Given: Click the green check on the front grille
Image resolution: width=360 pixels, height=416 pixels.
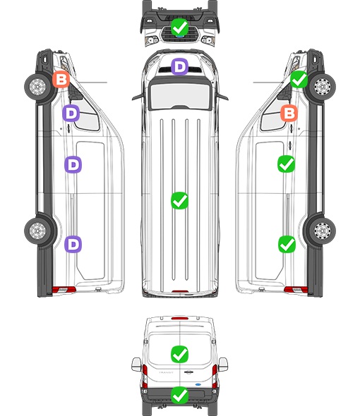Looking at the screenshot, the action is [179, 27].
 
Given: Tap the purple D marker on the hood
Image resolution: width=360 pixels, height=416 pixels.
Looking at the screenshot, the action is [179, 66].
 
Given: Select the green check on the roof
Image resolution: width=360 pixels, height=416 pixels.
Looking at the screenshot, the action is [179, 200].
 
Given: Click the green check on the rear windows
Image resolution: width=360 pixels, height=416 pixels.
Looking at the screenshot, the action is [179, 354].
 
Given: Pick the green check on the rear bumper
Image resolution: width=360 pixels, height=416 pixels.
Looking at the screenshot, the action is [179, 395].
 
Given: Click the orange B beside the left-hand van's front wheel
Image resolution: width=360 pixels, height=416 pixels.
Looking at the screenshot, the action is [61, 80].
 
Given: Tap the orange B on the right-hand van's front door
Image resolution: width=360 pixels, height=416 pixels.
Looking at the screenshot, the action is [289, 114].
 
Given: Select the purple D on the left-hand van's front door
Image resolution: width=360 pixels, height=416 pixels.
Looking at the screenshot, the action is [71, 114].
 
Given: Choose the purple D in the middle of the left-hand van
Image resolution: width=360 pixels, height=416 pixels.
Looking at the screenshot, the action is [73, 165].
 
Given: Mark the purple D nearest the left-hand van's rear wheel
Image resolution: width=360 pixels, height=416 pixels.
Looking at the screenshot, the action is [73, 245].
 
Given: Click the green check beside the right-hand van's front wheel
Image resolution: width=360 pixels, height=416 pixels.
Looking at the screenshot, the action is [299, 80].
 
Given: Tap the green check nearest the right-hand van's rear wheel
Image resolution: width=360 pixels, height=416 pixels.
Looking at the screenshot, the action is [287, 245].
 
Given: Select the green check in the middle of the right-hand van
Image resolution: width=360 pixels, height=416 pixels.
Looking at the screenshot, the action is [286, 164].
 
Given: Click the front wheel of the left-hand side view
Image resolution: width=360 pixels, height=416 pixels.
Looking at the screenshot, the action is [37, 87].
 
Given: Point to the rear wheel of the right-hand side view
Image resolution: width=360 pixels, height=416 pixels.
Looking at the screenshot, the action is [323, 231].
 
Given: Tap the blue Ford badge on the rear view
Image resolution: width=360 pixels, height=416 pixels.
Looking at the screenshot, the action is [198, 384].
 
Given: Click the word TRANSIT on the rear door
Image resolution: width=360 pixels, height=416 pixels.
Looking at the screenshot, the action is [166, 372].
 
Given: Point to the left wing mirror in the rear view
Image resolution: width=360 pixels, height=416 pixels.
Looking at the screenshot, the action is [136, 365].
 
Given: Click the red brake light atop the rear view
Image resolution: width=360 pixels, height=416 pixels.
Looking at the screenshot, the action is [180, 318].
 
